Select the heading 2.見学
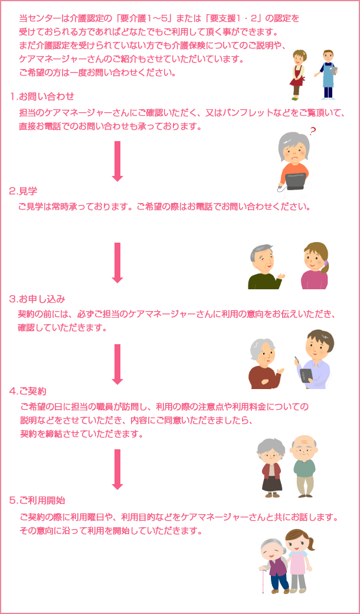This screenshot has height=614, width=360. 23,191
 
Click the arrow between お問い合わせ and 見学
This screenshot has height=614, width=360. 117,161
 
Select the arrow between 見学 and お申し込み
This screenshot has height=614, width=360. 117,262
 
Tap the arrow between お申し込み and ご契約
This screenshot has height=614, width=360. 117,364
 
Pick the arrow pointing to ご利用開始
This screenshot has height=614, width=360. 117,469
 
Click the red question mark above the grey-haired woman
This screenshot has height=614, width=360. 312,131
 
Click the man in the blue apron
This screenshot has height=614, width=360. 328,74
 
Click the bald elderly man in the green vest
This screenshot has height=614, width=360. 305,466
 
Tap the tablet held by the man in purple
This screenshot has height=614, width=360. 305,375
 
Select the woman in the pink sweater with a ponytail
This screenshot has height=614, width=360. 315,267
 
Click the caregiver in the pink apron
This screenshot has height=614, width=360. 298,561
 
